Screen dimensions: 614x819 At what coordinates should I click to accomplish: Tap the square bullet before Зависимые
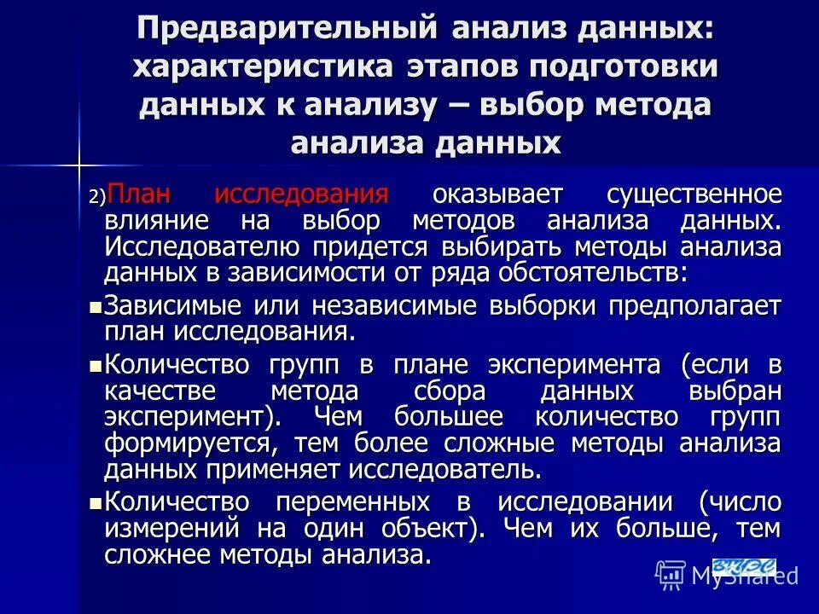point(96,305)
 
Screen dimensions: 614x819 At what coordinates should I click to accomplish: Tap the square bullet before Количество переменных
point(96,501)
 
